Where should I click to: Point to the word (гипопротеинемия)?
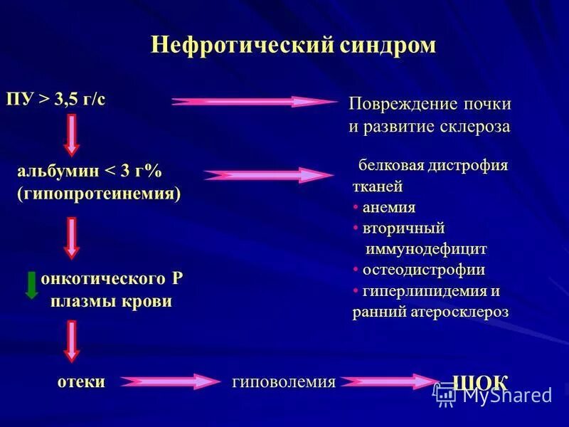[99, 194]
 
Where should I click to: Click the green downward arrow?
[31, 284]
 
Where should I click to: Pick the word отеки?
[81, 381]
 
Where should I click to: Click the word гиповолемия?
[284, 382]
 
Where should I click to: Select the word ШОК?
[480, 381]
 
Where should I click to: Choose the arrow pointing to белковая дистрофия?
[264, 175]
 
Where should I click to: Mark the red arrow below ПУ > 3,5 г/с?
[71, 135]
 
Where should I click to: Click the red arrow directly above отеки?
[71, 341]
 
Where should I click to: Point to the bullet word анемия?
[388, 208]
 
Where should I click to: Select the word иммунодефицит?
[426, 249]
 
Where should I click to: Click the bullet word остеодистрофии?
[423, 270]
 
